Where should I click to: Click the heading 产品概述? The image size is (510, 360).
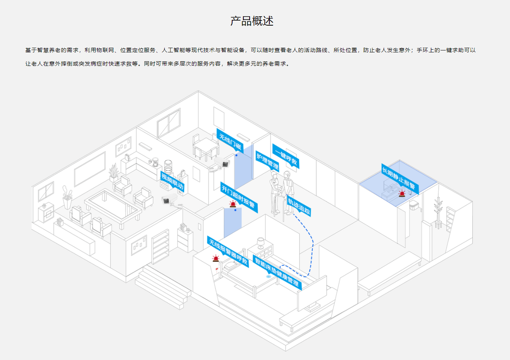pyautogui.click(x=252, y=21)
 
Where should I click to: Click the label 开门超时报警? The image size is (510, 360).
pyautogui.click(x=238, y=197)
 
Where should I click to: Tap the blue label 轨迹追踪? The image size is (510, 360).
pyautogui.click(x=299, y=206)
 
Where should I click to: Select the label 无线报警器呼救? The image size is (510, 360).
pyautogui.click(x=228, y=251)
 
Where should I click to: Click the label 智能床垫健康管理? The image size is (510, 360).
pyautogui.click(x=277, y=272)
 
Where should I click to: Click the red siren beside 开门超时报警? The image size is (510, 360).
pyautogui.click(x=233, y=204)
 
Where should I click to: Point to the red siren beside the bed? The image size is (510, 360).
pyautogui.click(x=215, y=258)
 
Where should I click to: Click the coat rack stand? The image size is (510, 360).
pyautogui.click(x=438, y=213)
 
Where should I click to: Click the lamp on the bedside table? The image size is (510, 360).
pyautogui.click(x=260, y=243)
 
